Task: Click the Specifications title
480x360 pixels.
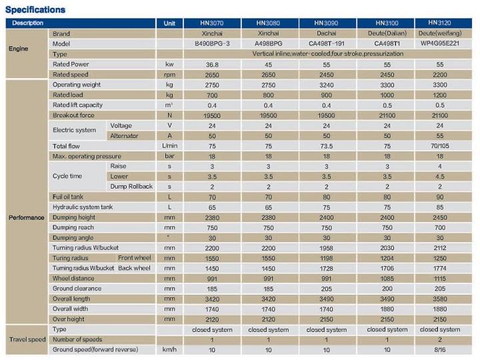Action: pyautogui.click(x=35, y=9)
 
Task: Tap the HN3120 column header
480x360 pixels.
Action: pyautogui.click(x=440, y=23)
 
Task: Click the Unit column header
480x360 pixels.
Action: pyautogui.click(x=169, y=23)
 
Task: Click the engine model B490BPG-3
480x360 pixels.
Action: pyautogui.click(x=212, y=44)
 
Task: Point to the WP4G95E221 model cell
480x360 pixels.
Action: pyautogui.click(x=440, y=44)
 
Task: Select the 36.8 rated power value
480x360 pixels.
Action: pyautogui.click(x=212, y=65)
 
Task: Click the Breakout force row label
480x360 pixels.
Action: pyautogui.click(x=73, y=115)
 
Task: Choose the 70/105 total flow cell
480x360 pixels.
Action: pyautogui.click(x=440, y=146)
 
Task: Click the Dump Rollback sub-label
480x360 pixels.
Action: pyautogui.click(x=131, y=187)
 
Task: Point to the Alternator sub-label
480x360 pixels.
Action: pyautogui.click(x=125, y=136)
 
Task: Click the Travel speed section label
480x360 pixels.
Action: pyautogui.click(x=27, y=339)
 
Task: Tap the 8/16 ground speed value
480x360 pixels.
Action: pyautogui.click(x=440, y=349)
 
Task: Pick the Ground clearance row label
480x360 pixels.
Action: pyautogui.click(x=77, y=289)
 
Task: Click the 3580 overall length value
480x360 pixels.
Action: pyautogui.click(x=440, y=299)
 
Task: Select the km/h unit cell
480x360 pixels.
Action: pyautogui.click(x=169, y=349)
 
